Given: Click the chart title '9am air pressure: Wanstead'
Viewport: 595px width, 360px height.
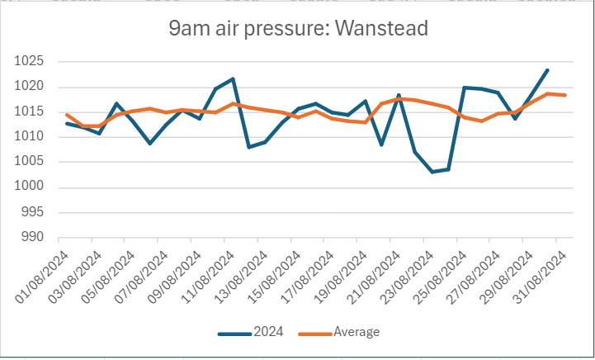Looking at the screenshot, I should [x=298, y=29].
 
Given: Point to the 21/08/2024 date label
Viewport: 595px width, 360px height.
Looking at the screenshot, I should [x=378, y=269].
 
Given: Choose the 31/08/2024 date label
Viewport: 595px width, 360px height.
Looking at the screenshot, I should [x=544, y=269].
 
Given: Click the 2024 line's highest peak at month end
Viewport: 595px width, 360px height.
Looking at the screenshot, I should [x=547, y=70].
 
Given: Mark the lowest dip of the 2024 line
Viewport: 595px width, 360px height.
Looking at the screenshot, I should [x=432, y=172].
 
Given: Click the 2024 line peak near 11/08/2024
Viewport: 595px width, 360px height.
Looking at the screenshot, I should [x=233, y=78].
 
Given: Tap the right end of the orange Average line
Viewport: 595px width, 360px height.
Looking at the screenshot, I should [x=564, y=95].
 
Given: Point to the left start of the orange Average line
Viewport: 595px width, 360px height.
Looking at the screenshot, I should [x=67, y=115].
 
